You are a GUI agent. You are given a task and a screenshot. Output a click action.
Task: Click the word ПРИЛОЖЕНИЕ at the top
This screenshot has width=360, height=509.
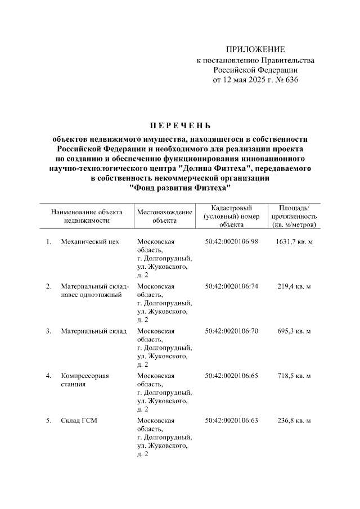255,49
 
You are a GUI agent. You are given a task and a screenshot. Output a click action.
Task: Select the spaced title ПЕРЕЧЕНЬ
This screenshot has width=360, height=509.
180,125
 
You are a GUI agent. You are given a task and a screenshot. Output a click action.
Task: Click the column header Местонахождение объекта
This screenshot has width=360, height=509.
164,217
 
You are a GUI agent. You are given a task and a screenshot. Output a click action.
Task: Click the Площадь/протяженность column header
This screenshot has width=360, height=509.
294,217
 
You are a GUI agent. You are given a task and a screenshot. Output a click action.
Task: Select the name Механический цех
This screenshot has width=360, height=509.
91,242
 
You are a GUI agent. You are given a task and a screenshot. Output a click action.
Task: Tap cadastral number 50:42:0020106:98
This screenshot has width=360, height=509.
231,242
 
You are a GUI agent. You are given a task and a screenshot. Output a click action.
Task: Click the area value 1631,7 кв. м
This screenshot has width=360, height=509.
294,242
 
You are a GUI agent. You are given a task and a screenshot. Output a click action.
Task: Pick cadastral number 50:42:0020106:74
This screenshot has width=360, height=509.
231,286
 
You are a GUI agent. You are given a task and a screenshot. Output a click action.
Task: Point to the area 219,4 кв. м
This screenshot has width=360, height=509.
294,286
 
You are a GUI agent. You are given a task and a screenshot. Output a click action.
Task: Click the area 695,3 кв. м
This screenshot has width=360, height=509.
294,331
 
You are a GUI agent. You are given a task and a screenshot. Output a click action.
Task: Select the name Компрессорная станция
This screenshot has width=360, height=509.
85,380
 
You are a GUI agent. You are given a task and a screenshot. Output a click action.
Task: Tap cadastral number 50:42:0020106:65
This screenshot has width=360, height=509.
231,375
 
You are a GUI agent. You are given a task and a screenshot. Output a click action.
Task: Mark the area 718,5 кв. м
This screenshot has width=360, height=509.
294,375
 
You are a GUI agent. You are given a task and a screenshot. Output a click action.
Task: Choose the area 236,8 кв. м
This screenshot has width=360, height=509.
294,420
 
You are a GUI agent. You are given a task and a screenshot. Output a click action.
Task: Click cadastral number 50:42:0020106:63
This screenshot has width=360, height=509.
231,420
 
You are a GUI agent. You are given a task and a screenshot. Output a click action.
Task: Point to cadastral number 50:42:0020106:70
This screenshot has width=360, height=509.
231,331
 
